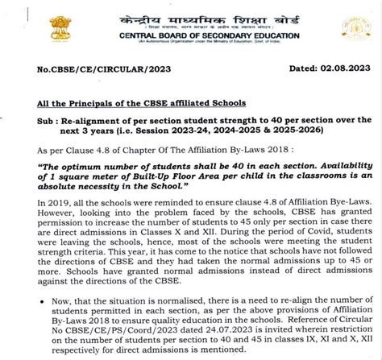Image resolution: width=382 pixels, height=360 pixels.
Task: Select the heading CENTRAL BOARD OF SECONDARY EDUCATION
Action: [190, 35]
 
